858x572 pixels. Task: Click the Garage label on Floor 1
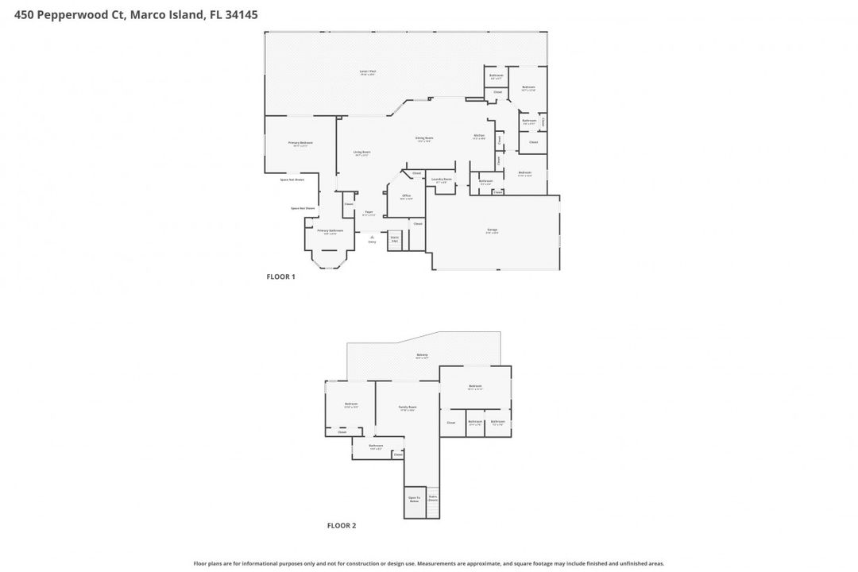(x=493, y=231)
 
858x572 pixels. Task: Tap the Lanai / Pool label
(x=367, y=71)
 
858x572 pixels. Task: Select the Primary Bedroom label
(x=300, y=143)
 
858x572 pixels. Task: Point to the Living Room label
(x=362, y=153)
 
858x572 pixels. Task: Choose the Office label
(x=406, y=196)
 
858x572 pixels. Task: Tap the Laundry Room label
(x=442, y=180)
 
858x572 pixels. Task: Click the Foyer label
(x=369, y=212)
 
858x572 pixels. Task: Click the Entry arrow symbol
(x=372, y=236)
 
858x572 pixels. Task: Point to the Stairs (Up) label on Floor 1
(x=394, y=238)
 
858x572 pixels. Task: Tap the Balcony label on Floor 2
(x=422, y=356)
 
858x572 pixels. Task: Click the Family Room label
(x=408, y=408)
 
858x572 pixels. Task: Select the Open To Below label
(x=414, y=500)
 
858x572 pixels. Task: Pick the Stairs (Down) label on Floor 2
(x=433, y=499)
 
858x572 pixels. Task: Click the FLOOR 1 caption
(x=280, y=277)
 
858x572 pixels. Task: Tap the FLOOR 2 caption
(x=342, y=526)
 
